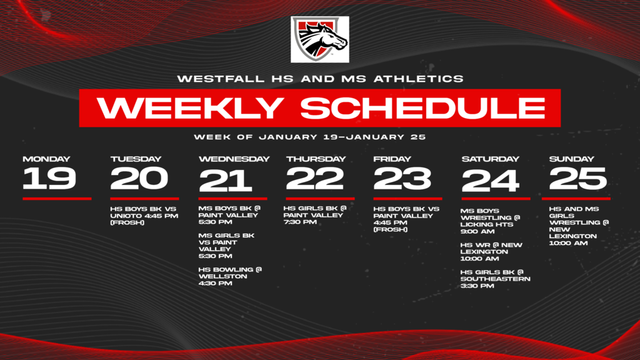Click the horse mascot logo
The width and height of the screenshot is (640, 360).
click(320, 39)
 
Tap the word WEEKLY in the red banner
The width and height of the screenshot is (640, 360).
click(191, 107)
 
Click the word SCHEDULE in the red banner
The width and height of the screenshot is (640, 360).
click(423, 107)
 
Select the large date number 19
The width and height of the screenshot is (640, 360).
click(49, 178)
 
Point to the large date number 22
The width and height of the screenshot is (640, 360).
click(315, 178)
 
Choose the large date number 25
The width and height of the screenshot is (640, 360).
click(578, 178)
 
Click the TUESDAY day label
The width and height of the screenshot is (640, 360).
click(136, 159)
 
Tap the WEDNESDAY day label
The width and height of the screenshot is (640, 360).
click(234, 159)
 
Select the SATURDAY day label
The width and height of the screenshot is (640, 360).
click(490, 159)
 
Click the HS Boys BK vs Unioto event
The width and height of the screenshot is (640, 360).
click(144, 216)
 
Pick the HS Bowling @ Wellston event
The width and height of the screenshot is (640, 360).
click(230, 276)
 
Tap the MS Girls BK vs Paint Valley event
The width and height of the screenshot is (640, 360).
click(226, 246)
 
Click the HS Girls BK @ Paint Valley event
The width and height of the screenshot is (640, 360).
click(315, 215)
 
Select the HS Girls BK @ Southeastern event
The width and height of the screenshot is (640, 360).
click(496, 279)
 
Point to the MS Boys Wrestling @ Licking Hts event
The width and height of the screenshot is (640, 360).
click(490, 221)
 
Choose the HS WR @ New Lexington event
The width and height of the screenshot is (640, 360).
click(491, 252)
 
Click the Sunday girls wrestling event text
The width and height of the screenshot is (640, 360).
click(579, 226)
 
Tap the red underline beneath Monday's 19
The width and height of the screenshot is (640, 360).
click(57, 199)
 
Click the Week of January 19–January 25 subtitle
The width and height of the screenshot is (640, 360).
click(310, 137)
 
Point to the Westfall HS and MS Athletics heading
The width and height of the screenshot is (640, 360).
click(321, 79)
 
